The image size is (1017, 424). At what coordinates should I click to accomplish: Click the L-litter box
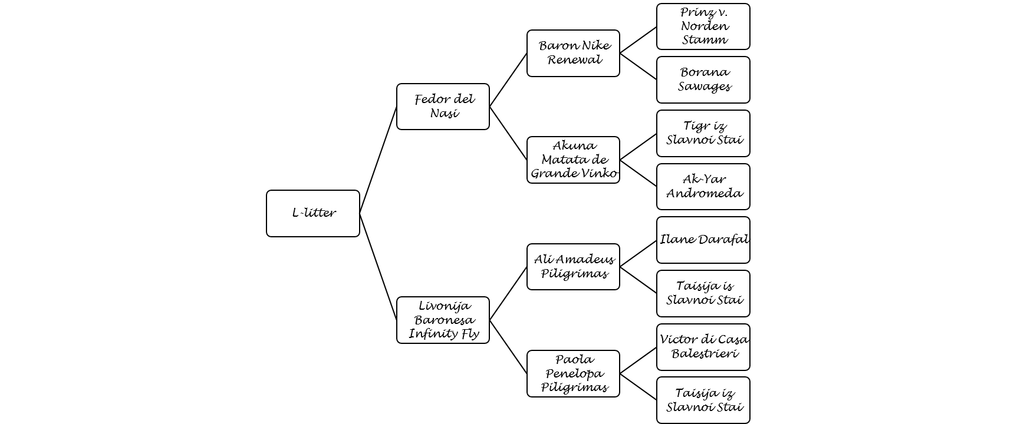click(x=313, y=213)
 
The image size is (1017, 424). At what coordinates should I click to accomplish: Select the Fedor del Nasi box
click(x=443, y=107)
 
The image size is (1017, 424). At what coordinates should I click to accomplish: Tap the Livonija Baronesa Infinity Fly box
click(x=443, y=320)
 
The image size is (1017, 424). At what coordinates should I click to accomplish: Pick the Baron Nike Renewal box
click(x=574, y=53)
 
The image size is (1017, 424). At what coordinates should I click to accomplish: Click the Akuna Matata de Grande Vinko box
click(x=574, y=160)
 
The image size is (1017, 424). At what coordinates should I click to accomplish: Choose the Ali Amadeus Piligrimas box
click(x=574, y=267)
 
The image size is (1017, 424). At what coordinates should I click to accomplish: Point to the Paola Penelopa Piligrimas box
click(x=574, y=374)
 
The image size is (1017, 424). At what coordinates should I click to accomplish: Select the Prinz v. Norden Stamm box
click(x=703, y=26)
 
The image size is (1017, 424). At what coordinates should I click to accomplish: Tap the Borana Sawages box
click(x=703, y=80)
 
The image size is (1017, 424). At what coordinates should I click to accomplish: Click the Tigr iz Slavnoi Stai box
click(x=703, y=133)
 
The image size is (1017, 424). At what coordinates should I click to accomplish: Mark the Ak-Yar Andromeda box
click(x=703, y=187)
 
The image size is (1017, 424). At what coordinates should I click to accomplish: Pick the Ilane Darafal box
click(x=703, y=240)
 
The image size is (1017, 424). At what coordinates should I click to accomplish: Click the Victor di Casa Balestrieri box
click(x=703, y=347)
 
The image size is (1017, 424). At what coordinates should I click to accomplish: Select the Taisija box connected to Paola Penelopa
click(x=703, y=400)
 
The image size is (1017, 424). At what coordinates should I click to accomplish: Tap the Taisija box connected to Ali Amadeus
click(x=703, y=294)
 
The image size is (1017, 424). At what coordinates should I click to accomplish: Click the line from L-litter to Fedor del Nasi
click(x=378, y=160)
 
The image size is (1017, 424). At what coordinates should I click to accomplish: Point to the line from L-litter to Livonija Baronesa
click(x=378, y=267)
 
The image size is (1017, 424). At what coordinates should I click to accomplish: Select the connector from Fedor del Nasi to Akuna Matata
click(x=508, y=133)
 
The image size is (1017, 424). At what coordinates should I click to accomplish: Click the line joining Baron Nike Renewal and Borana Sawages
click(x=638, y=67)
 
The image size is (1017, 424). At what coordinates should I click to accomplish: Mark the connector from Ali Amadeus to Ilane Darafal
click(x=638, y=253)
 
